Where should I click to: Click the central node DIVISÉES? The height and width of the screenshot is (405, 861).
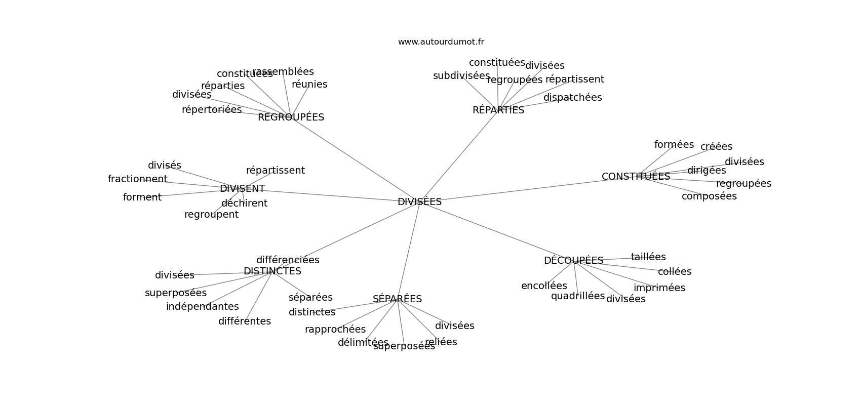pyautogui.click(x=419, y=202)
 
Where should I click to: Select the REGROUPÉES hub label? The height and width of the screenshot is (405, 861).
pyautogui.click(x=291, y=117)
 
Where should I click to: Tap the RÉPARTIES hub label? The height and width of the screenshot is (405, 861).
pyautogui.click(x=498, y=110)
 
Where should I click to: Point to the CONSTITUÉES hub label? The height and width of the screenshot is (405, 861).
pyautogui.click(x=636, y=177)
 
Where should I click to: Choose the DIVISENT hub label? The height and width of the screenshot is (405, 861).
pyautogui.click(x=242, y=189)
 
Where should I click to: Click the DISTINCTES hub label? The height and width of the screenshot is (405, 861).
pyautogui.click(x=272, y=271)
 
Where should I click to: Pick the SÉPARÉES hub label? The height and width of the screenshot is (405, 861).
pyautogui.click(x=397, y=299)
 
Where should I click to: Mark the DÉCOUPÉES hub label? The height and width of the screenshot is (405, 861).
pyautogui.click(x=573, y=261)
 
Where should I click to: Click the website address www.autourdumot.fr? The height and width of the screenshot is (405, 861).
pyautogui.click(x=441, y=42)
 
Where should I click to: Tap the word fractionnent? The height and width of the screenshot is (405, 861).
pyautogui.click(x=138, y=179)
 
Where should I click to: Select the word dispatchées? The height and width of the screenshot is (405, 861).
pyautogui.click(x=572, y=98)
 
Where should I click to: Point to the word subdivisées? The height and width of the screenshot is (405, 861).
pyautogui.click(x=461, y=76)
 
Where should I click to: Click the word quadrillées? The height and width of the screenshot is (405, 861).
pyautogui.click(x=578, y=296)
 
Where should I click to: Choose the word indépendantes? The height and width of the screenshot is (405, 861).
pyautogui.click(x=202, y=307)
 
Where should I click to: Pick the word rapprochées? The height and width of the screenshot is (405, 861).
pyautogui.click(x=335, y=330)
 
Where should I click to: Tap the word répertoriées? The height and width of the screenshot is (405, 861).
pyautogui.click(x=212, y=110)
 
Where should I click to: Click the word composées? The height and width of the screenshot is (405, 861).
pyautogui.click(x=709, y=196)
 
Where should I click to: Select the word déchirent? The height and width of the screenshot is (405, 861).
pyautogui.click(x=244, y=204)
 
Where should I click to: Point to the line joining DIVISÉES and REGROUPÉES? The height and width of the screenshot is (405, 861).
pyautogui.click(x=355, y=159)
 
